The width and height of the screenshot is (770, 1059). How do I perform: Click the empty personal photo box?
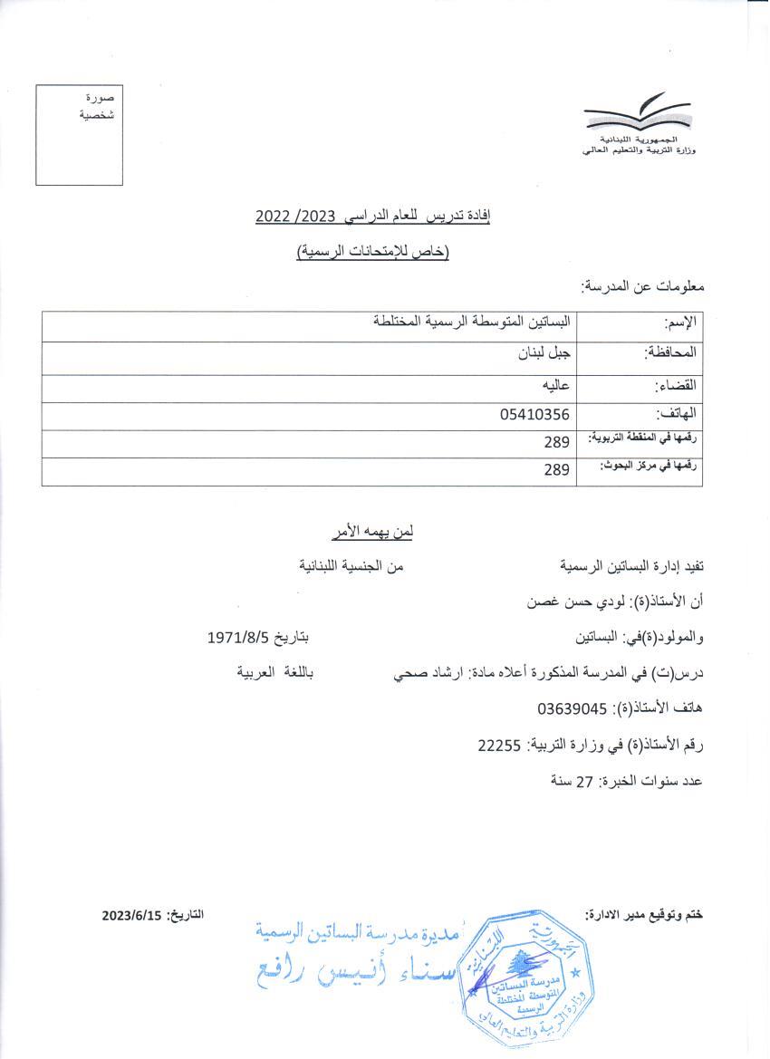79,134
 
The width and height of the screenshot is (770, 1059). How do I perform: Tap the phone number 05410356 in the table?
534,415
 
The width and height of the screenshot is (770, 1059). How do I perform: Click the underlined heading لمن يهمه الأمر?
370,531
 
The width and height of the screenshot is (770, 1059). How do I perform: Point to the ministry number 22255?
499,745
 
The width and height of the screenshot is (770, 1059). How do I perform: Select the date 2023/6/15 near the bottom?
130,915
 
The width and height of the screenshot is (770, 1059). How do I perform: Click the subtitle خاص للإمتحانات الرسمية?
373,252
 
